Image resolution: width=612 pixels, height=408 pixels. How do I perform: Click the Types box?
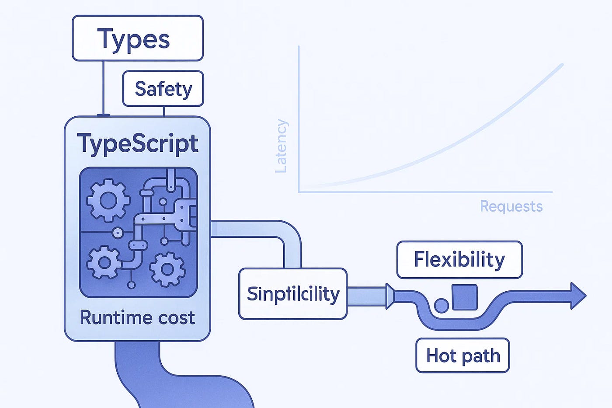point(137,38)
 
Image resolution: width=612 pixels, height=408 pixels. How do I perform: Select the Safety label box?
point(163,89)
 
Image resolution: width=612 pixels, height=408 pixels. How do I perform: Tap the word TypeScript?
point(137,143)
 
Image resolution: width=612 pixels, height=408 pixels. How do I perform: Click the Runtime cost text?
point(137,317)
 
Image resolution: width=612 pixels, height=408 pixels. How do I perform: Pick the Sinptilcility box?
point(293,294)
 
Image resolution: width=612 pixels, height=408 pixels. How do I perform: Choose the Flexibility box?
point(459,260)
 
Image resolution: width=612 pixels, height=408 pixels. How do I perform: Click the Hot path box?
point(462,356)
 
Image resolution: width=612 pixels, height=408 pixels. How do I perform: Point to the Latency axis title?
point(281,146)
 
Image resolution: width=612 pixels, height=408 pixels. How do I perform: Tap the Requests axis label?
point(511,206)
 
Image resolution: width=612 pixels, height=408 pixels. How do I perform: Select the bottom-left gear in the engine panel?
point(104,262)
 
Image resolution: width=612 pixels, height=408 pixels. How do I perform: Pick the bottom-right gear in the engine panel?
point(167,269)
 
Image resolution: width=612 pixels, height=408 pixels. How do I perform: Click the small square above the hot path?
point(464,297)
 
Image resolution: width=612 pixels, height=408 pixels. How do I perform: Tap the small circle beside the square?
point(442,305)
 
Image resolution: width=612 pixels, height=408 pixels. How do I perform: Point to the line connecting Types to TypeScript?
point(104,87)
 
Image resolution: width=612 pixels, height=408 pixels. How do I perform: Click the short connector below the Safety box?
point(164,111)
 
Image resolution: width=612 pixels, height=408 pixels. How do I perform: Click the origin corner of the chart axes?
point(299,192)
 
